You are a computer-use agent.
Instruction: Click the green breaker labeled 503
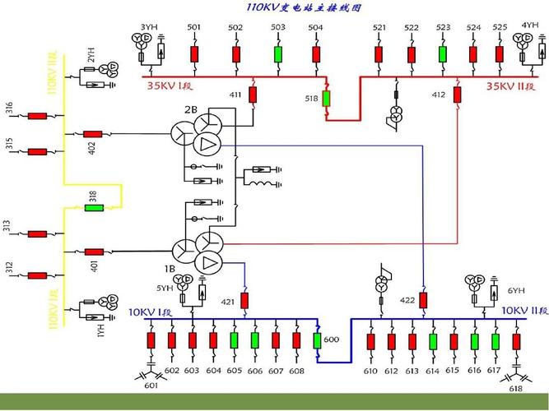278,54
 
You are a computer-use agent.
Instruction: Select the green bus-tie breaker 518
326,99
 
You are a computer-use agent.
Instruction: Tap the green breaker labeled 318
95,207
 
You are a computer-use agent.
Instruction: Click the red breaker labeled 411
254,95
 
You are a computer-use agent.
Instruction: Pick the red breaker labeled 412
455,95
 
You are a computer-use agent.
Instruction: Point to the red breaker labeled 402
92,133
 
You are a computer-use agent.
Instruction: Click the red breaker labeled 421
244,300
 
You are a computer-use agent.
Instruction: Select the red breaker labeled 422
423,300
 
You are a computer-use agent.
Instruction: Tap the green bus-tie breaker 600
319,339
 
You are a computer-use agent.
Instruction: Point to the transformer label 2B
190,109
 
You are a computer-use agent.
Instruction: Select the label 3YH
149,27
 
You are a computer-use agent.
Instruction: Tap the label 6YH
515,290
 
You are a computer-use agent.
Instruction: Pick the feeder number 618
515,388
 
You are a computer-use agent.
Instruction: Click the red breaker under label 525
499,54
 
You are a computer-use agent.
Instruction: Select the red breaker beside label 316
37,116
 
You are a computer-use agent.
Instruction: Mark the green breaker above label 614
433,341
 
